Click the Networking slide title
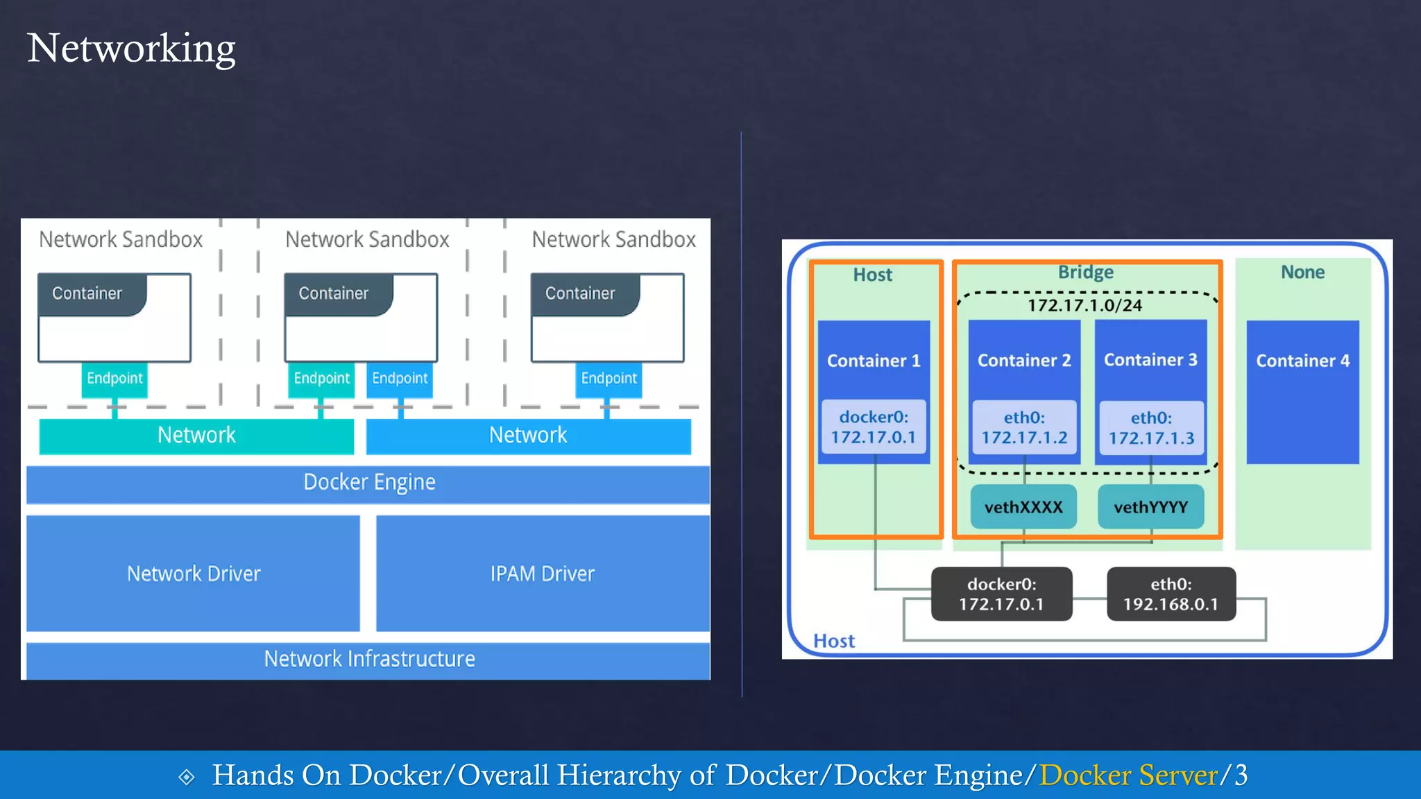click(x=131, y=49)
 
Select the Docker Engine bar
click(x=368, y=483)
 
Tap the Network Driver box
click(x=194, y=574)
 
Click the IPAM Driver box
click(x=542, y=574)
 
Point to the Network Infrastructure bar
click(x=368, y=660)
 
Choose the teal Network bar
click(x=196, y=436)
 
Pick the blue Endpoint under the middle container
click(x=400, y=379)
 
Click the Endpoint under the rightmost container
click(x=609, y=379)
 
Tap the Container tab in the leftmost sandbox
click(x=88, y=293)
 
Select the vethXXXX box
click(x=1023, y=507)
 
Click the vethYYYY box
click(x=1150, y=507)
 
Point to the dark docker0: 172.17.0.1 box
click(x=1001, y=594)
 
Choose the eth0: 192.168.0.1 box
click(x=1171, y=594)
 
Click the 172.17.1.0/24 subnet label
click(x=1084, y=305)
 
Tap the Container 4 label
click(x=1302, y=361)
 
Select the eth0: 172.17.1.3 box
click(x=1151, y=428)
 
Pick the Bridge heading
click(x=1085, y=272)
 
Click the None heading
click(x=1302, y=272)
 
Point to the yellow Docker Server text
click(x=1129, y=775)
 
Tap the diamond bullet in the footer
click(x=187, y=777)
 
